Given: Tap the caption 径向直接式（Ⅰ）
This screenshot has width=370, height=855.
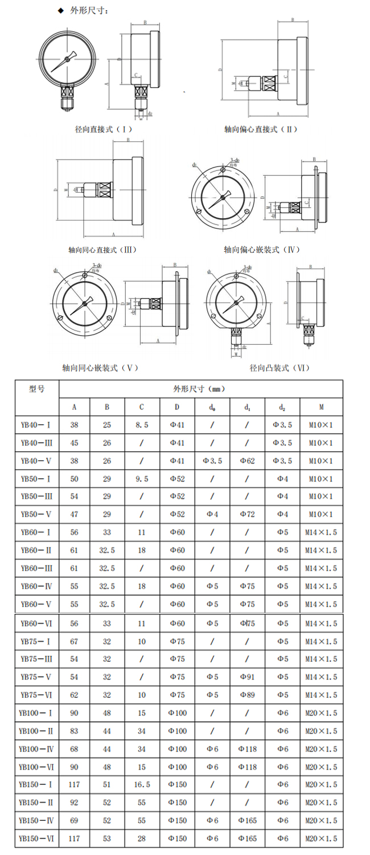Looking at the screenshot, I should tap(104, 129).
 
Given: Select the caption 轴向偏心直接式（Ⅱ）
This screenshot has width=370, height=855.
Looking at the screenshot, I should tap(261, 129).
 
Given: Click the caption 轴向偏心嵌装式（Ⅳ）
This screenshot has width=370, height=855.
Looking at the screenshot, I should tap(261, 250).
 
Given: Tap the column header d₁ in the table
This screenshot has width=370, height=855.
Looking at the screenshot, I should tap(248, 407).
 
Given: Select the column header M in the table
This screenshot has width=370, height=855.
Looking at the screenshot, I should tap(322, 407).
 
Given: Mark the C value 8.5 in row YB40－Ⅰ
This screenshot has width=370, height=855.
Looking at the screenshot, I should tap(142, 425).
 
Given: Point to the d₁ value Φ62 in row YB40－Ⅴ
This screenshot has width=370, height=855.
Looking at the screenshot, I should tap(248, 461).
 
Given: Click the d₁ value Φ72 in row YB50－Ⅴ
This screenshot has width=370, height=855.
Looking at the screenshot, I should tap(248, 514).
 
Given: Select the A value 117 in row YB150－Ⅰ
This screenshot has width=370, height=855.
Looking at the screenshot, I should tap(75, 784).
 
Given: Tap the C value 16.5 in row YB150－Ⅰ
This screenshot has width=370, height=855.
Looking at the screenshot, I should tap(142, 784).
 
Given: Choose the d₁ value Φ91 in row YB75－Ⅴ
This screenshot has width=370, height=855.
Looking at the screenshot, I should tap(248, 677).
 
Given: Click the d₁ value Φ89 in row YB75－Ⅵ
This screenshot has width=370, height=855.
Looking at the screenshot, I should tap(248, 695).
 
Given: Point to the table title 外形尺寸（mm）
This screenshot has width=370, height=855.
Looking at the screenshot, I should tap(200, 389).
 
